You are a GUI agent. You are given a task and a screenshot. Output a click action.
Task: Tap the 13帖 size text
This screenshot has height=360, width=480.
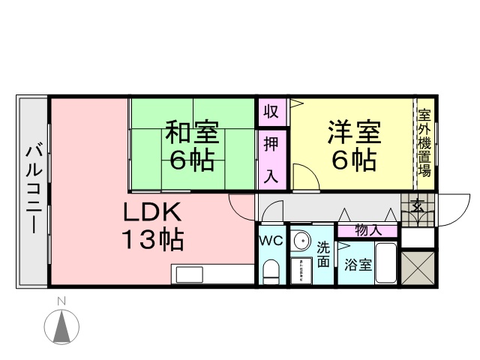pyautogui.click(x=154, y=240)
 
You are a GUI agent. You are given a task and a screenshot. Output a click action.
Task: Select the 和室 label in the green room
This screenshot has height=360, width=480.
pyautogui.click(x=191, y=133)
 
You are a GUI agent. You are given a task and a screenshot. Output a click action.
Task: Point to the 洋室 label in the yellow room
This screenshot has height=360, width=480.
pyautogui.click(x=353, y=133)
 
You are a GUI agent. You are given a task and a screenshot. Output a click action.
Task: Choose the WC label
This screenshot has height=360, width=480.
pyautogui.click(x=270, y=241)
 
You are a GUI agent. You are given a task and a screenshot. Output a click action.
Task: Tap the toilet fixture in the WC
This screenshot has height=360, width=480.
pyautogui.click(x=271, y=270)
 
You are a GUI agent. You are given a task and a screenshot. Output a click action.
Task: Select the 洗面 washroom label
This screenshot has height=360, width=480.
pyautogui.click(x=322, y=253)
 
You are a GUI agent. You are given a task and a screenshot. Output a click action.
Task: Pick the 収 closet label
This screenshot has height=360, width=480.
pyautogui.click(x=271, y=112)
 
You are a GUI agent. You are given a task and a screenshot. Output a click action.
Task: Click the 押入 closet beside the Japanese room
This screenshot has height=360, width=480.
pyautogui.click(x=271, y=160)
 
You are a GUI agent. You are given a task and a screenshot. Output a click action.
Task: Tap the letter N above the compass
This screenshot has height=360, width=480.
pyautogui.click(x=64, y=301)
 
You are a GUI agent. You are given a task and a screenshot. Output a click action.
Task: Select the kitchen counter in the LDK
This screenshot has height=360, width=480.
pyautogui.click(x=210, y=273)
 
